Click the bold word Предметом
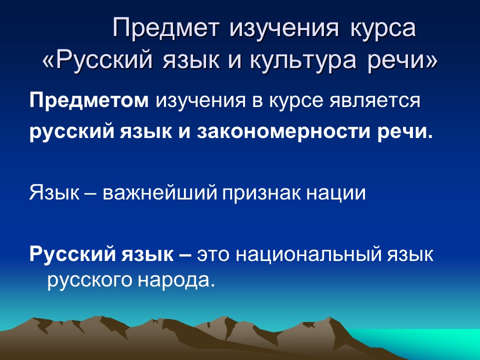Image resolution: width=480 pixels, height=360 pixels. [x=89, y=101]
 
